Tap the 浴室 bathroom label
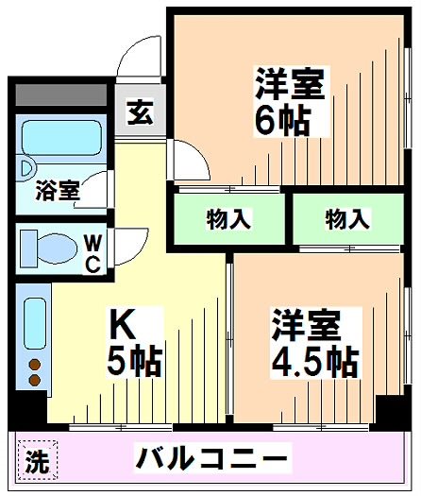tap(58, 190)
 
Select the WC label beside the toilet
tap(93, 252)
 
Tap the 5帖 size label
tap(136, 362)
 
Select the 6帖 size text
tap(280, 120)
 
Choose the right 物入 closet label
tap(346, 219)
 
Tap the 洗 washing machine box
tap(35, 463)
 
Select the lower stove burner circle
tap(35, 380)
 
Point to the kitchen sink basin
tap(35, 321)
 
